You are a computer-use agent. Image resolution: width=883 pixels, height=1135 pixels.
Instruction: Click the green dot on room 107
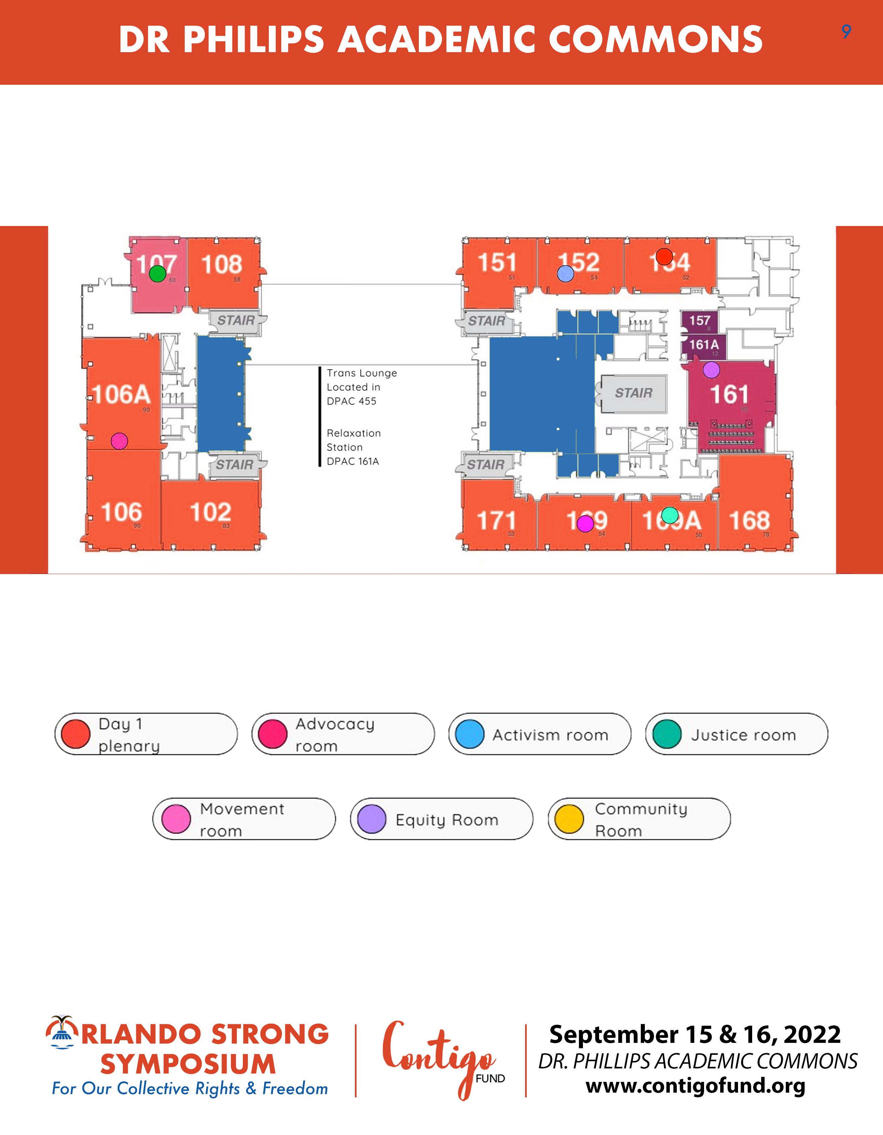tap(157, 273)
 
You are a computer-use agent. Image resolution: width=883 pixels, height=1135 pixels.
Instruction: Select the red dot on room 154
tap(664, 256)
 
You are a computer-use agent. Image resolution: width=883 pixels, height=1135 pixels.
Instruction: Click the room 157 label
tap(700, 320)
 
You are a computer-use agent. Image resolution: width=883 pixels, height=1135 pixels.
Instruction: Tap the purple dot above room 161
tap(711, 370)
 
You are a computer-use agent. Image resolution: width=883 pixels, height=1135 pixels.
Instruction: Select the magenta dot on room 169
tap(585, 523)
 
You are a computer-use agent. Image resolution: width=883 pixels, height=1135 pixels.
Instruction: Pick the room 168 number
tap(749, 520)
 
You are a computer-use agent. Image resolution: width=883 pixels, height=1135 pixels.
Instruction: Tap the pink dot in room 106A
tap(119, 441)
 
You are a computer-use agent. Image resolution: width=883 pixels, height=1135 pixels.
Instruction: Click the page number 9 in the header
tap(846, 32)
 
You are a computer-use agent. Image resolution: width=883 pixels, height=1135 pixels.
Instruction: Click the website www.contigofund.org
tap(695, 1086)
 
